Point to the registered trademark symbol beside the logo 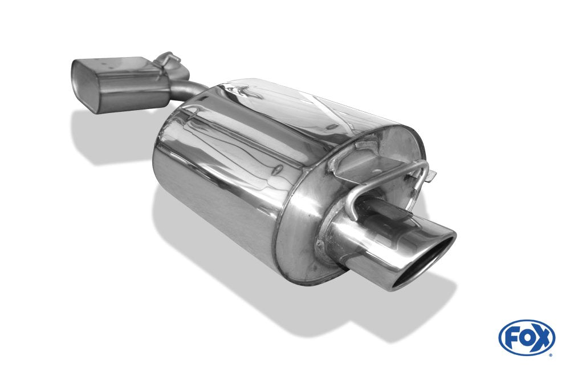(550, 355)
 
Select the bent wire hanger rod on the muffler (393, 177)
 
